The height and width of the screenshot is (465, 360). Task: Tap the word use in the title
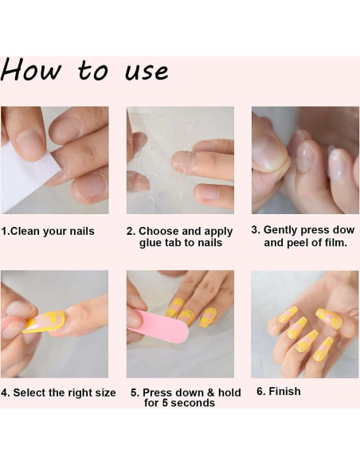pos(147,72)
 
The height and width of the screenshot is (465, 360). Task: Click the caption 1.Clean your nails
pos(48,232)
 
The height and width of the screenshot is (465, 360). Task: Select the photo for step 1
pos(54,160)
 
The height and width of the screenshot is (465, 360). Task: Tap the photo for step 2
pos(180,160)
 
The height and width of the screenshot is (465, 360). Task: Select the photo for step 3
pos(305,160)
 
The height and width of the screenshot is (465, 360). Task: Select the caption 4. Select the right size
pos(58,393)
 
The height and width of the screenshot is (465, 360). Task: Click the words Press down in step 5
pos(170,393)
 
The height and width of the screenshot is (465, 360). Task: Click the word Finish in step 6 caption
pos(284,392)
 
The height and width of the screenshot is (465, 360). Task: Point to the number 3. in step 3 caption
pos(256,229)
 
